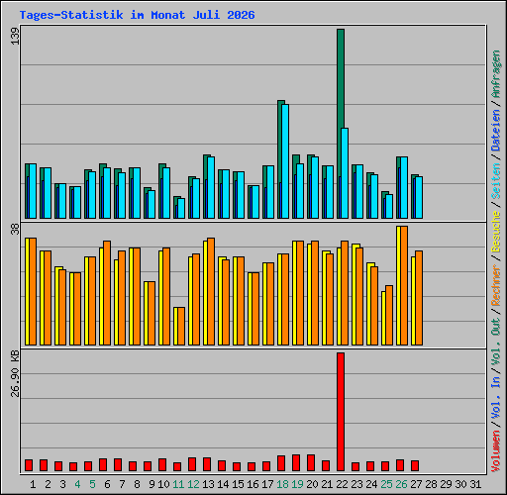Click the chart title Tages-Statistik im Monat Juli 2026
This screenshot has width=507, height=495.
137,15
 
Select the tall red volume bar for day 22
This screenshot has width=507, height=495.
341,412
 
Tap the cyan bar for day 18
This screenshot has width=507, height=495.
285,161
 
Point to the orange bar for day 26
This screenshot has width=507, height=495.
404,285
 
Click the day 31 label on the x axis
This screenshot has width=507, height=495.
475,484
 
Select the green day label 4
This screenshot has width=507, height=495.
77,484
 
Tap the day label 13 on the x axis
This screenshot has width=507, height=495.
208,484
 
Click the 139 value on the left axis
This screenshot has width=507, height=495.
15,36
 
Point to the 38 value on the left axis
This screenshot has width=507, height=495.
15,229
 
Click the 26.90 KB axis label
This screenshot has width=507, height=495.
15,373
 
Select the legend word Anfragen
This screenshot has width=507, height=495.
496,74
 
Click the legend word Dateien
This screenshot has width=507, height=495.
496,131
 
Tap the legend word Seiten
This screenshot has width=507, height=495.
496,181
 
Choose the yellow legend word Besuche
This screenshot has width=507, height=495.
496,232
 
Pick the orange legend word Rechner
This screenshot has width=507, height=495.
496,285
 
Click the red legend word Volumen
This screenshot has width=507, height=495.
496,451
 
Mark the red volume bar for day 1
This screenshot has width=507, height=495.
29,465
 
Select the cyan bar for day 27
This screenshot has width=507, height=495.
419,198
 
